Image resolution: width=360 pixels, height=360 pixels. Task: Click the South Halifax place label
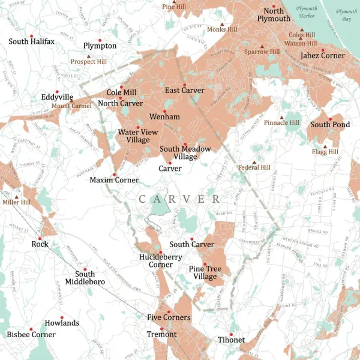31,41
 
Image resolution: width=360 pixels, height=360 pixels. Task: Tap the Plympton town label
100,46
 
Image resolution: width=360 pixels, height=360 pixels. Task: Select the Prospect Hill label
88,61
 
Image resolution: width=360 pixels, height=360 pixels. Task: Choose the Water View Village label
134,136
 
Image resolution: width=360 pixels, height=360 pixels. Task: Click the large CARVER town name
179,199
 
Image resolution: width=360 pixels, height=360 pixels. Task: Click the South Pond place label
330,125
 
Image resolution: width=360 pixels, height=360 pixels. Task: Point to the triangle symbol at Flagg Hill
325,146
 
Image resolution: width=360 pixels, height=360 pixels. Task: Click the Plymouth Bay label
346,15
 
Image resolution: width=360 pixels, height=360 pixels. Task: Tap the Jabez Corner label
323,56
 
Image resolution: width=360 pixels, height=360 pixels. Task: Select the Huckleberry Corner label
152,260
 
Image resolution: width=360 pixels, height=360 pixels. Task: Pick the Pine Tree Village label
202,272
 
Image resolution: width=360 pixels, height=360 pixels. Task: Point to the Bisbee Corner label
31,334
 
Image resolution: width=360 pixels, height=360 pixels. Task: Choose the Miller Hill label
16,203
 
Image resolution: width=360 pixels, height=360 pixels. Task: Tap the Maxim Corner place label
114,180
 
